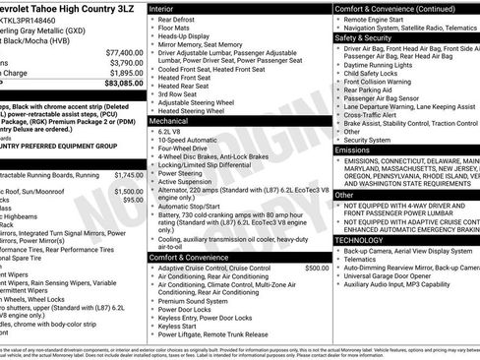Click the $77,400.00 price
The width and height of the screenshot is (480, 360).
click(122, 51)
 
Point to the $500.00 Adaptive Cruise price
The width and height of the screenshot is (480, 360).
click(317, 268)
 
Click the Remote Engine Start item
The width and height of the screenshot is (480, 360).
click(385, 19)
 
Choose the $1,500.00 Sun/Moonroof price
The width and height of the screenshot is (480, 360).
click(128, 191)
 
